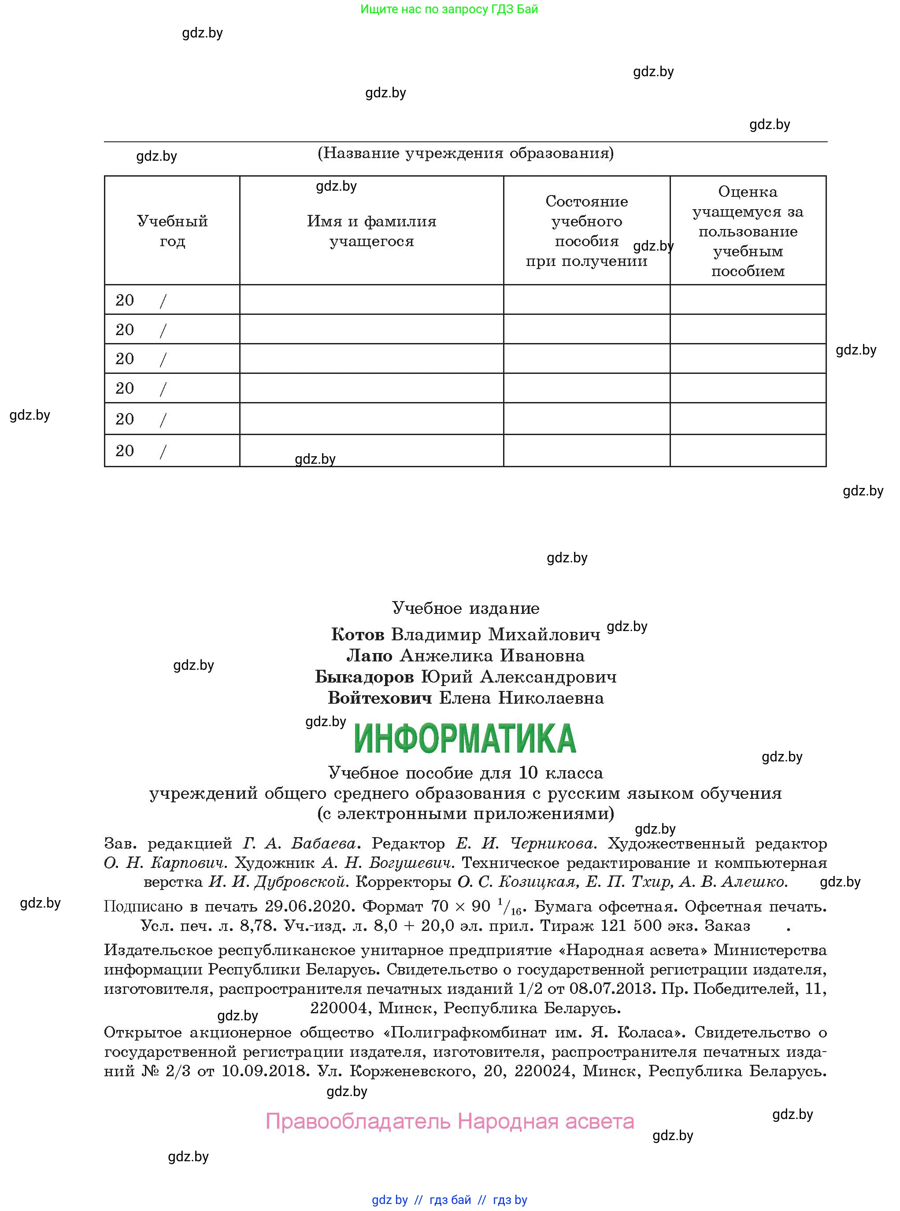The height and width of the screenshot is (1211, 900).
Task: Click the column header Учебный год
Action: point(172,231)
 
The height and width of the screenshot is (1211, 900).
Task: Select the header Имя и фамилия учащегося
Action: point(371,231)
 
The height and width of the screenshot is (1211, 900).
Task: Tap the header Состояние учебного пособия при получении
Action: point(586,231)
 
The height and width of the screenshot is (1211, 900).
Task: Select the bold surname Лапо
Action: point(369,656)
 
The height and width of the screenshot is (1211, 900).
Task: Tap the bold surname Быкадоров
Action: point(364,677)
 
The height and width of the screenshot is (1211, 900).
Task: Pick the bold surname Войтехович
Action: point(380,698)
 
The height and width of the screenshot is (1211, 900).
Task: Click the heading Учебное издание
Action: point(465,608)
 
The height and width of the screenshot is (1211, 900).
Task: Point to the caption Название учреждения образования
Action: point(465,153)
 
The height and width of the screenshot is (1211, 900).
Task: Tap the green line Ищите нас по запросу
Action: point(449,9)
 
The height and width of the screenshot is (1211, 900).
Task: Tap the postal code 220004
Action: point(339,1008)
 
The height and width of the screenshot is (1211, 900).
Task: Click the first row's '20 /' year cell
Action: point(141,300)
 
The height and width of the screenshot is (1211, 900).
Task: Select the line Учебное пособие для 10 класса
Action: point(465,773)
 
